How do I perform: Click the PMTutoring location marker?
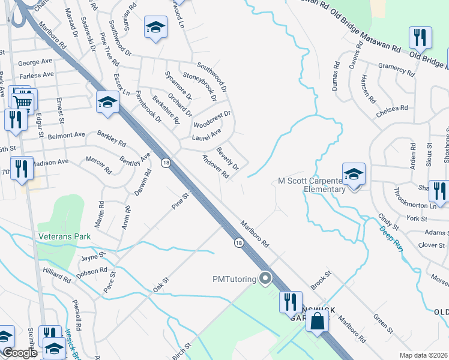(265, 278)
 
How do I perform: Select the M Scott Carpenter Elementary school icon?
(354, 174)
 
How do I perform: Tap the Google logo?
(19, 353)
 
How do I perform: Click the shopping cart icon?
(23, 102)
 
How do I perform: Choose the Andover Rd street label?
(216, 167)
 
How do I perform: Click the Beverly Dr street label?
(228, 158)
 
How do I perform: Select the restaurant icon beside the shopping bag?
(290, 301)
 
